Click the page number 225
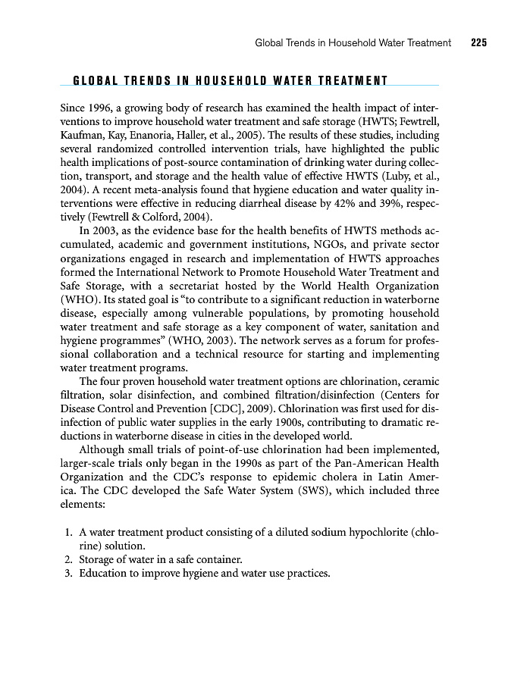pyautogui.click(x=478, y=43)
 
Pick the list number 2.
pyautogui.click(x=69, y=559)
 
